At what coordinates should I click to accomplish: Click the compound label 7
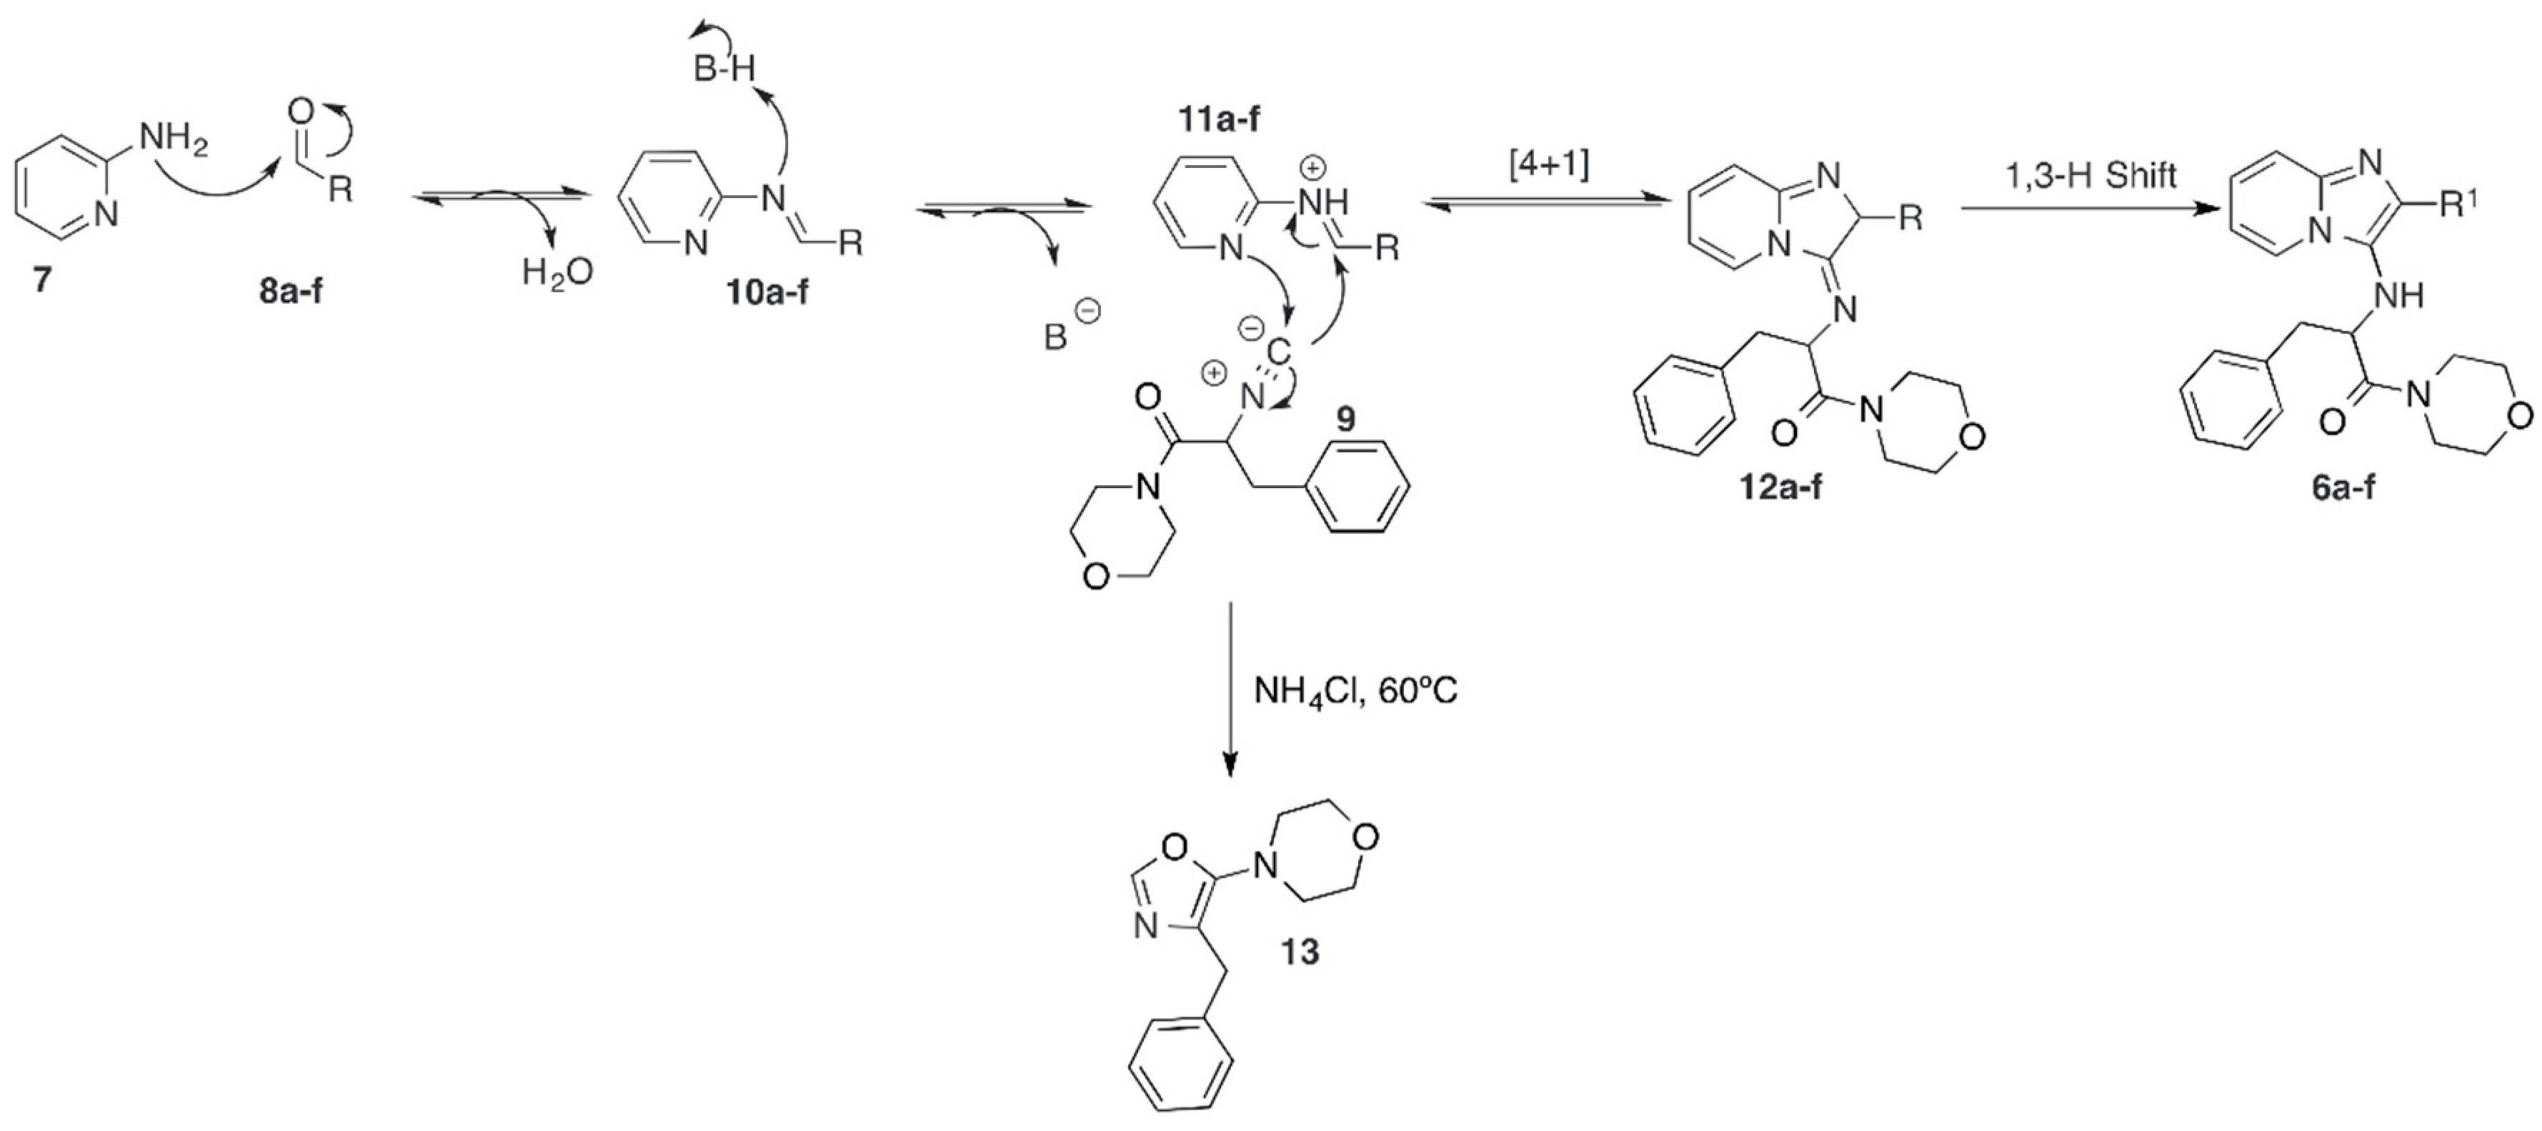point(41,280)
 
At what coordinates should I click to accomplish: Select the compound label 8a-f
point(291,291)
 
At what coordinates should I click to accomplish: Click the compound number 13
point(1299,952)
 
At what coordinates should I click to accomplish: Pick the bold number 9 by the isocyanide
point(1345,419)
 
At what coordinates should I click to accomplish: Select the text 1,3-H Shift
point(2090,176)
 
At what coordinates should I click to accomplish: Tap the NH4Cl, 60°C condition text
point(1355,691)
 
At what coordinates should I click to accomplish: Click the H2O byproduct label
point(557,271)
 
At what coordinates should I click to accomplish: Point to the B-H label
point(723,69)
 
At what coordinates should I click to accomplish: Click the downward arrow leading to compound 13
point(1230,691)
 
